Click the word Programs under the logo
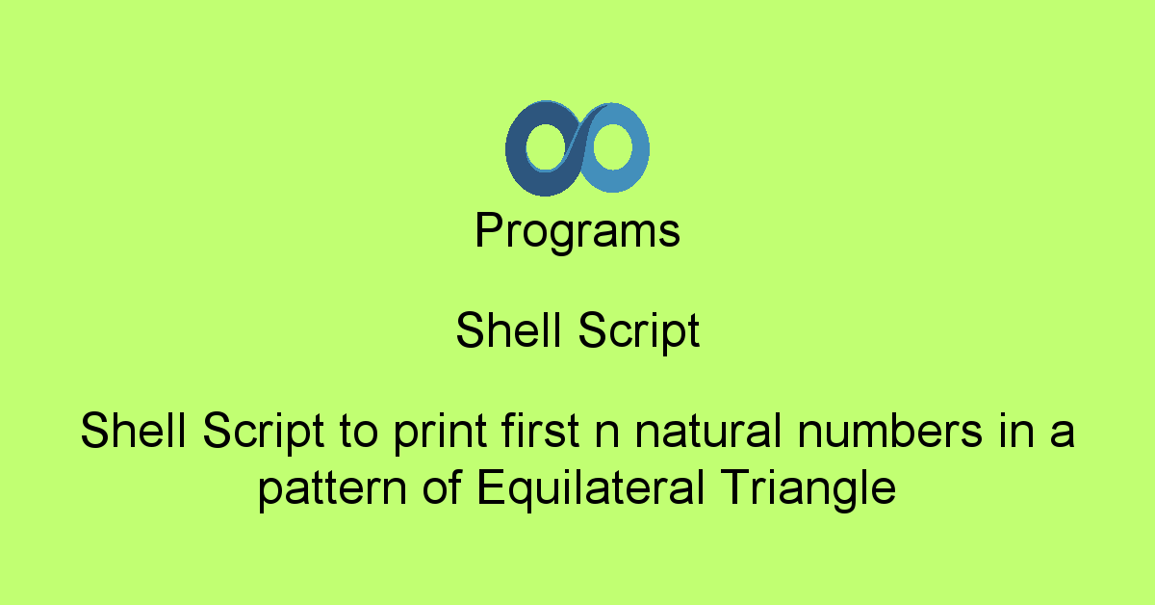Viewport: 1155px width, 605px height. (x=577, y=232)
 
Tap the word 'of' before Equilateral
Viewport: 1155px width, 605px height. (x=440, y=488)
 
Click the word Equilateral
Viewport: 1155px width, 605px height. (x=579, y=488)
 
